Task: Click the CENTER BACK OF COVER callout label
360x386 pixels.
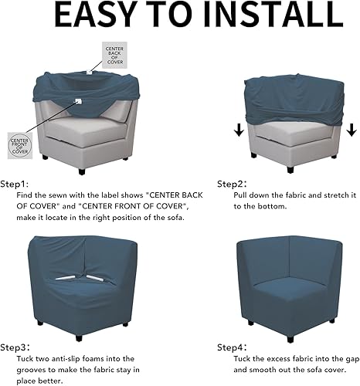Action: click(114, 56)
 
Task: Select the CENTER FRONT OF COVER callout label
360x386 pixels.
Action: click(19, 145)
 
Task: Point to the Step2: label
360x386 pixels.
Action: click(231, 185)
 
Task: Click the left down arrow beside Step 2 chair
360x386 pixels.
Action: click(239, 130)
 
